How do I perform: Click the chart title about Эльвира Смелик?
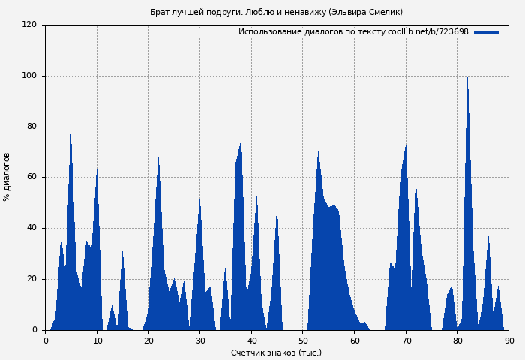tap(276, 12)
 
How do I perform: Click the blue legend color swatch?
tap(486, 32)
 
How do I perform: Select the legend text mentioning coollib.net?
tap(353, 32)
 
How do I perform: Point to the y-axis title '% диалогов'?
tap(7, 177)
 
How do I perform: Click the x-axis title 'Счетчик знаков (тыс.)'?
tap(276, 352)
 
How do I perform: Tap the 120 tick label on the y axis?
tap(29, 25)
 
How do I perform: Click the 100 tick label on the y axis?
tap(29, 76)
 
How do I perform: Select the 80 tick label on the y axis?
tap(31, 127)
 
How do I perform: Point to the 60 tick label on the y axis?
tap(31, 178)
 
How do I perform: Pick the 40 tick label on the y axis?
tap(31, 228)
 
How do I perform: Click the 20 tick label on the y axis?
tap(31, 279)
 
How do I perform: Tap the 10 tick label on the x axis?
tap(97, 340)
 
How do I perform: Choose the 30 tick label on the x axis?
tap(200, 340)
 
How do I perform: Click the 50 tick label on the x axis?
tap(303, 340)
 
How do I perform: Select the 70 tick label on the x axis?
tap(406, 340)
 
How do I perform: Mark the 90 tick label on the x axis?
tap(509, 340)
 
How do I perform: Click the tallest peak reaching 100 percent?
tap(468, 77)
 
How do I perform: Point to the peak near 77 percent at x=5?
tap(71, 136)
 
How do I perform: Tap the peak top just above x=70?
tap(406, 145)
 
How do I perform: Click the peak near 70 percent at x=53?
tap(318, 153)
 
